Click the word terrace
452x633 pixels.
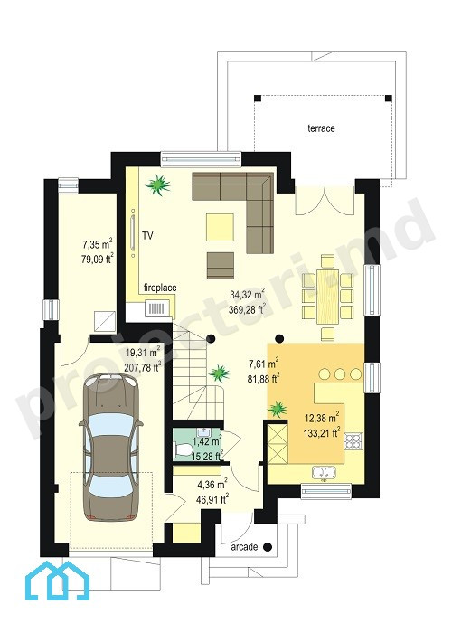click(x=321, y=128)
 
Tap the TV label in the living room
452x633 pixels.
click(x=147, y=236)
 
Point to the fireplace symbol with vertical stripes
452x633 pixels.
click(x=157, y=309)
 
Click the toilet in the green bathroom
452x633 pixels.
click(x=184, y=449)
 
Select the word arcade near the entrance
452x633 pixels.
click(x=244, y=547)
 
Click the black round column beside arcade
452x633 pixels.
click(x=268, y=547)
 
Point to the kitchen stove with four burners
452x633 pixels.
click(x=353, y=441)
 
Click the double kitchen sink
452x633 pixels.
click(x=324, y=471)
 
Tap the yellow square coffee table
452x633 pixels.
click(x=220, y=227)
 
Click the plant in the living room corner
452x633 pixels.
click(x=158, y=184)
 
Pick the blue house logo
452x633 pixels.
click(x=57, y=581)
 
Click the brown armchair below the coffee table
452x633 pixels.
click(x=221, y=266)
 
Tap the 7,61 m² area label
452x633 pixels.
click(x=264, y=371)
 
